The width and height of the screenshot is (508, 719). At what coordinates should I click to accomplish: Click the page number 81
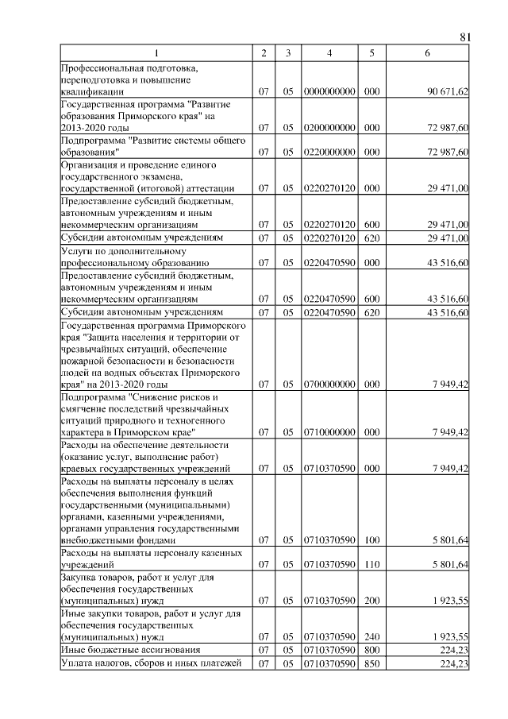coord(466,37)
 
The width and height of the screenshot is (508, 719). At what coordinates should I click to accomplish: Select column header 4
coord(329,53)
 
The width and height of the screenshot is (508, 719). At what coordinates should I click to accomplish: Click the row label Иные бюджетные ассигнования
coord(118,650)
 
